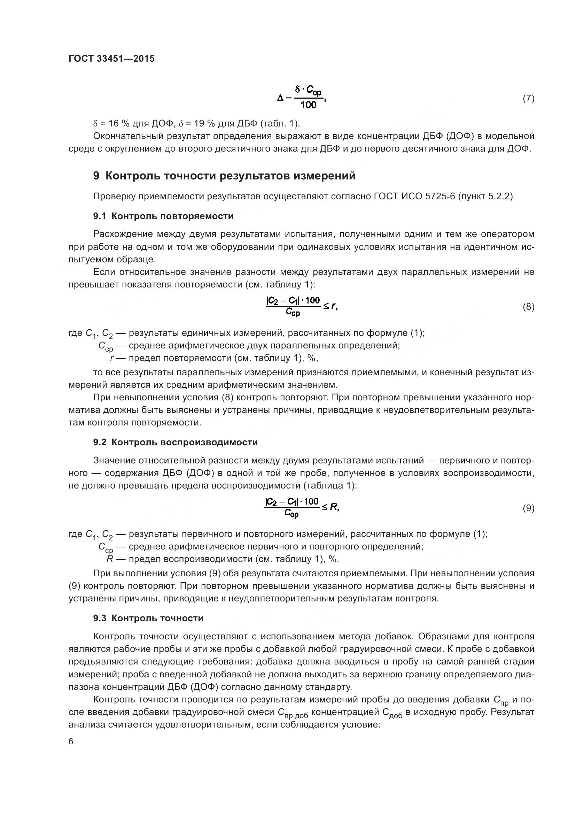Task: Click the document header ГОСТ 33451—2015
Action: (x=111, y=59)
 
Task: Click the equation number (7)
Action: (x=529, y=99)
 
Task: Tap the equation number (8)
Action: (x=529, y=307)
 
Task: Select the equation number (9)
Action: (x=529, y=508)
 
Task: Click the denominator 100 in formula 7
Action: (x=308, y=105)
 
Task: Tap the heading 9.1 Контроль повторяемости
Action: (x=163, y=216)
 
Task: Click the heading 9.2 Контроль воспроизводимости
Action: (x=175, y=442)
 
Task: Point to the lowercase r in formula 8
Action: (x=333, y=306)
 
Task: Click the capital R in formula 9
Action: (x=334, y=507)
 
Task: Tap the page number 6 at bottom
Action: (x=71, y=741)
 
